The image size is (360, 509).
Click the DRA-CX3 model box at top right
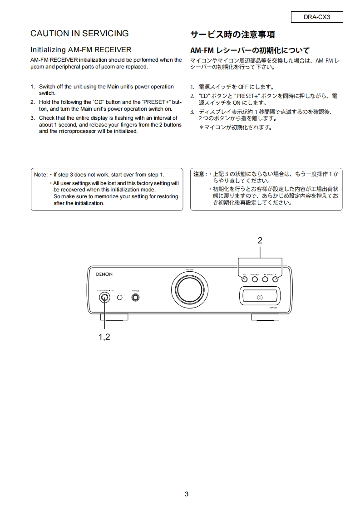pyautogui.click(x=317, y=17)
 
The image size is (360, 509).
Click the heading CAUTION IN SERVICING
pyautogui.click(x=79, y=34)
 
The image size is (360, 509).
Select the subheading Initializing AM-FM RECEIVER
pyautogui.click(x=81, y=49)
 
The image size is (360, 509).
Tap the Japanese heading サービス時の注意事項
pyautogui.click(x=232, y=34)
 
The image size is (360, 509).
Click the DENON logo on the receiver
pyautogui.click(x=104, y=274)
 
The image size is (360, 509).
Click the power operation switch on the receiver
pyautogui.click(x=105, y=298)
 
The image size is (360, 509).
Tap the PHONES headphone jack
pyautogui.click(x=135, y=298)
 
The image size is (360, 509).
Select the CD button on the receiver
pyautogui.click(x=244, y=279)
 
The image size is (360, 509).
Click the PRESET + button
pyautogui.click(x=275, y=279)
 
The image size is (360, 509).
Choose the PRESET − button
pyautogui.click(x=265, y=279)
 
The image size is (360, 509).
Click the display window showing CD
pyautogui.click(x=259, y=298)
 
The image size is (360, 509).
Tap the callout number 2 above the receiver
pyautogui.click(x=260, y=241)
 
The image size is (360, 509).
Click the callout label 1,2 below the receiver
pyautogui.click(x=104, y=337)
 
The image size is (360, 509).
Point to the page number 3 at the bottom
pyautogui.click(x=187, y=494)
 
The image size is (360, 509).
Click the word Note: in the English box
pyautogui.click(x=41, y=174)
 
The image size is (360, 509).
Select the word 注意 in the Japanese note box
pyautogui.click(x=199, y=174)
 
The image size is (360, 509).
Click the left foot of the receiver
pyautogui.click(x=114, y=317)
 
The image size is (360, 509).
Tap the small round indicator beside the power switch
pyautogui.click(x=119, y=298)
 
